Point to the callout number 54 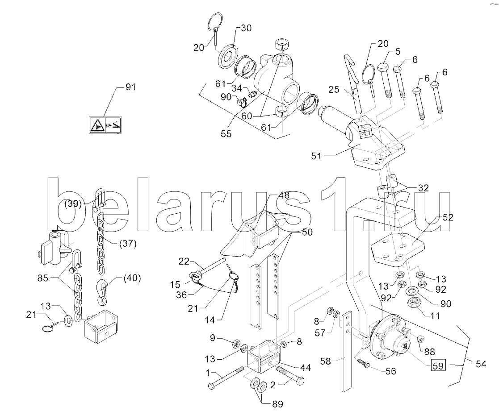(x=481, y=364)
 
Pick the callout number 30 (x=246, y=28)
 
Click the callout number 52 (x=448, y=218)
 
